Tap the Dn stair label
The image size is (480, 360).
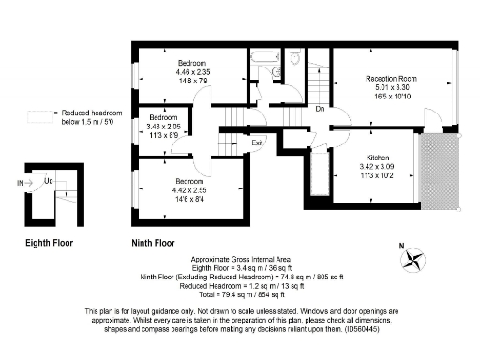[x=320, y=108]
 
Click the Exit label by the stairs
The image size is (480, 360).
[x=256, y=142]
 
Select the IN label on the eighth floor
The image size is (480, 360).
[x=20, y=182]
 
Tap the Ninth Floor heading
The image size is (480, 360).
[x=152, y=242]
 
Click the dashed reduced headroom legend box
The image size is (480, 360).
[x=41, y=116]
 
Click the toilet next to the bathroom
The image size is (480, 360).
[x=294, y=59]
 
